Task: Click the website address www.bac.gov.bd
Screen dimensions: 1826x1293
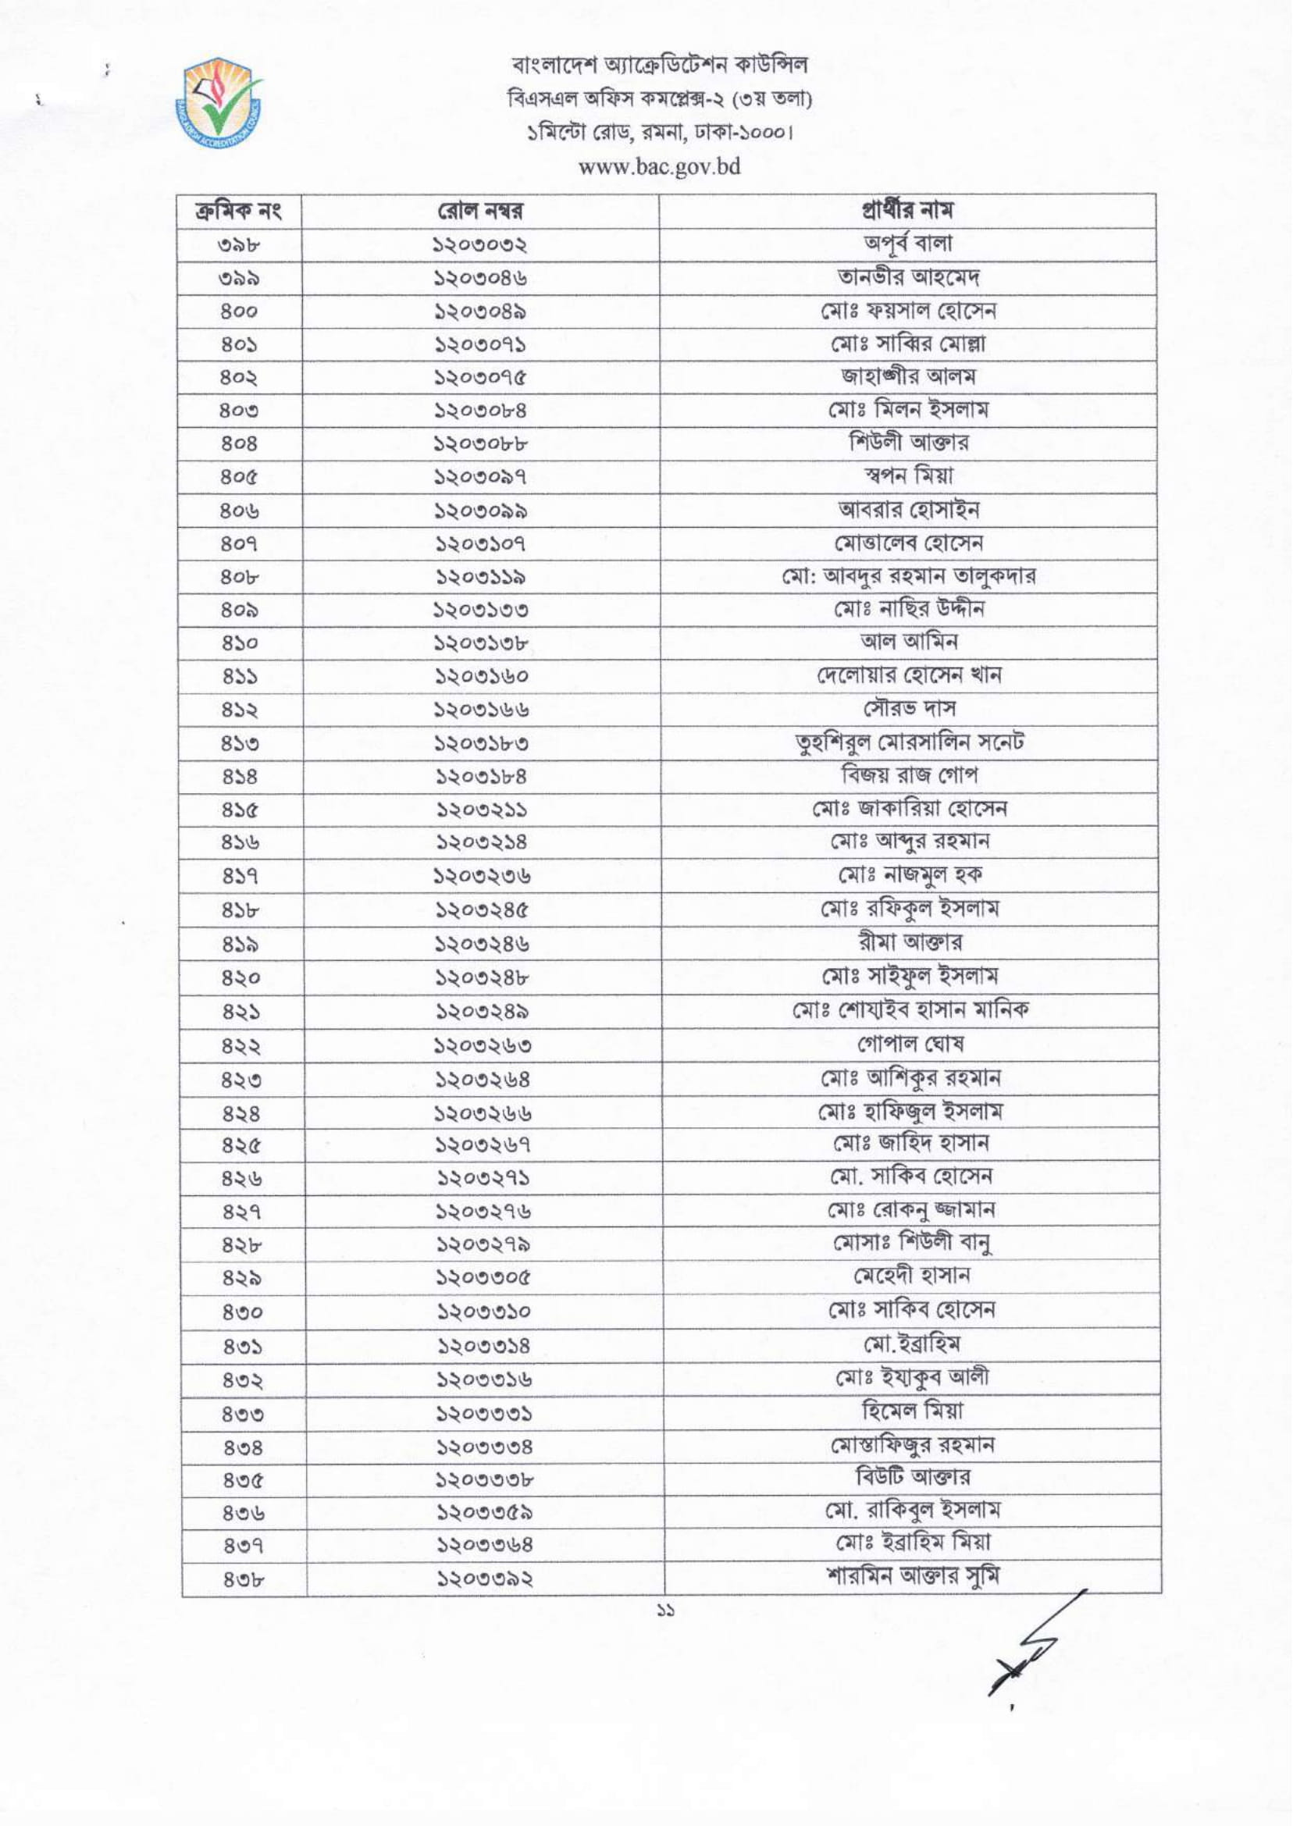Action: pyautogui.click(x=660, y=167)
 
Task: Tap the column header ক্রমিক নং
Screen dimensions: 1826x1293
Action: pyautogui.click(x=238, y=212)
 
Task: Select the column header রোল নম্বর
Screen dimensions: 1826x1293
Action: pyautogui.click(x=480, y=212)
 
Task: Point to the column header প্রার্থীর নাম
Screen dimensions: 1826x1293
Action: pyautogui.click(x=907, y=211)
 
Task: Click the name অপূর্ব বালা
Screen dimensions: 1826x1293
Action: pyautogui.click(x=907, y=244)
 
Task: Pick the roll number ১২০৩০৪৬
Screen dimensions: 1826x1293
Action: pyautogui.click(x=480, y=278)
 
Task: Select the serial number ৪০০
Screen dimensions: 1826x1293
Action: pyautogui.click(x=238, y=311)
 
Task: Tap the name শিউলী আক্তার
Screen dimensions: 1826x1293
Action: pyautogui.click(x=908, y=443)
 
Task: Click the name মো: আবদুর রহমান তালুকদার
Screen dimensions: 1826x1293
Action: pyautogui.click(x=907, y=576)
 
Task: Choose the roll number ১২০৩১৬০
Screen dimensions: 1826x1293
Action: pyautogui.click(x=481, y=676)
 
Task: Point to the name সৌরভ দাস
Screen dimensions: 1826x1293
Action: pyautogui.click(x=908, y=708)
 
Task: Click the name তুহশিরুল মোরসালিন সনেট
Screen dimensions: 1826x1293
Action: pyautogui.click(x=908, y=742)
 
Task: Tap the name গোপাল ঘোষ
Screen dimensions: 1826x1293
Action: pyautogui.click(x=908, y=1043)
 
